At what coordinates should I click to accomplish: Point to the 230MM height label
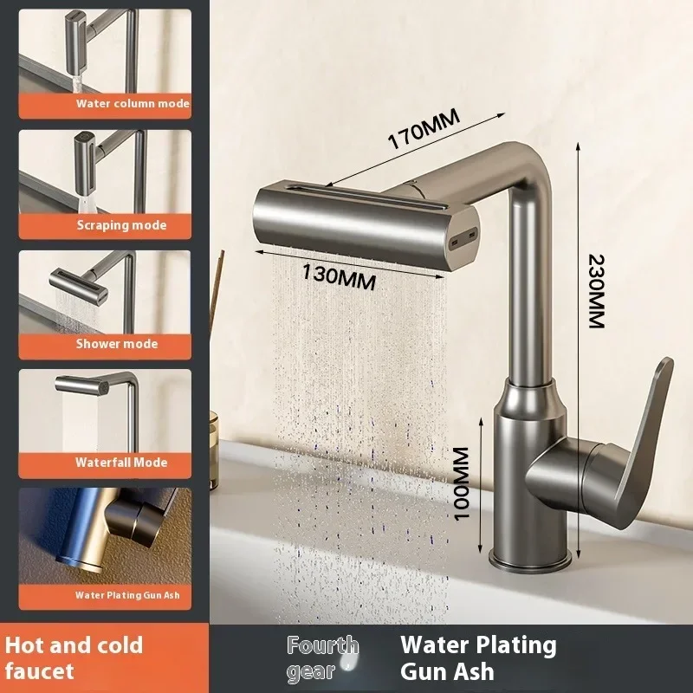click(x=597, y=289)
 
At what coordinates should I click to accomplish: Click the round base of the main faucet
click(x=528, y=558)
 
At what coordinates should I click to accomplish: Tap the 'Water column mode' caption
click(x=132, y=104)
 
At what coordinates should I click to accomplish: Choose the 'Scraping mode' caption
click(x=120, y=225)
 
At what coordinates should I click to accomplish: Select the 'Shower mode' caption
click(x=117, y=344)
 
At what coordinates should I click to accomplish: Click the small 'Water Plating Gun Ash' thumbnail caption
click(x=126, y=595)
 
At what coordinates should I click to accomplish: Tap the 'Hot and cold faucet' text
click(x=74, y=657)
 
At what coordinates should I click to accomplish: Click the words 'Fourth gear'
click(x=322, y=657)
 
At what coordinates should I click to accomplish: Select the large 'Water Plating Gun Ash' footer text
click(x=478, y=657)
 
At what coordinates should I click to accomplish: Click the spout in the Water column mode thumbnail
click(x=78, y=26)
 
